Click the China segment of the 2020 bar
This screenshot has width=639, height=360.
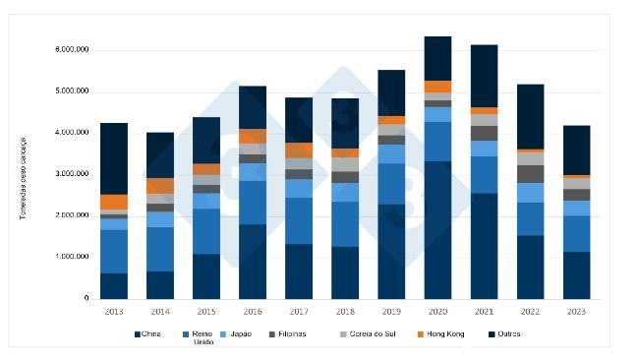437,230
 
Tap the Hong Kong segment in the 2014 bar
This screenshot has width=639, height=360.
160,186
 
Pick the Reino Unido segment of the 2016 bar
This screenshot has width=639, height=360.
253,203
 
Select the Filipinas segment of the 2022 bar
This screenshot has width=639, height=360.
530,174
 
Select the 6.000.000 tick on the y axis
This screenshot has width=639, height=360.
71,49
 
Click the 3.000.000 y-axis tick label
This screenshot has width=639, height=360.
71,174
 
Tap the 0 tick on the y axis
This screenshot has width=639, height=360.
87,299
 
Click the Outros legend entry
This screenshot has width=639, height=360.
504,333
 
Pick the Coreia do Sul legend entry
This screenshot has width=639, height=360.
371,333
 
